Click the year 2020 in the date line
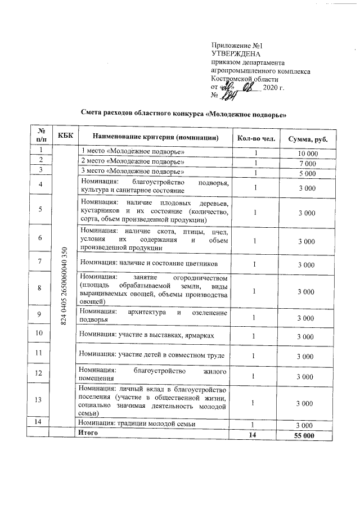(269, 88)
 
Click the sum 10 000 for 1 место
(308, 154)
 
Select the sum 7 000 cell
(308, 163)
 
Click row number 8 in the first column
(39, 288)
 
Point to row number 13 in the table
(39, 400)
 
